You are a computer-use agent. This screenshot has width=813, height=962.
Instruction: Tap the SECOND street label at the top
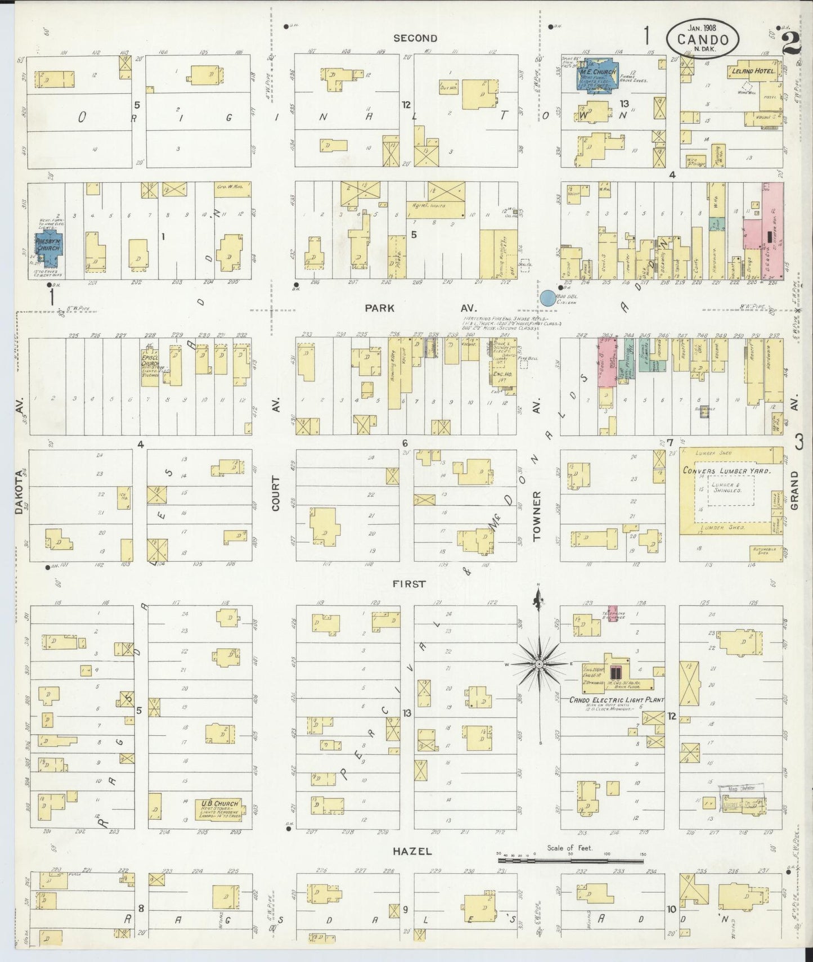(x=415, y=38)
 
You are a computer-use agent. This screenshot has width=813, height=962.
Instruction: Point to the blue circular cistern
(x=547, y=298)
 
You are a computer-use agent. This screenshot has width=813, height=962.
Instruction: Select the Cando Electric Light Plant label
(x=616, y=700)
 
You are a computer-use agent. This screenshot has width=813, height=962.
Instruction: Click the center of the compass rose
(x=539, y=664)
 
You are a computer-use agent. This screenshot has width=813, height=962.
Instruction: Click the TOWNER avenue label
(x=537, y=516)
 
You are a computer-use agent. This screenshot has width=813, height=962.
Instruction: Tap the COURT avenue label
(x=276, y=493)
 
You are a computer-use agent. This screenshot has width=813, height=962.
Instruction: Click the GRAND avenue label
(x=794, y=491)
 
